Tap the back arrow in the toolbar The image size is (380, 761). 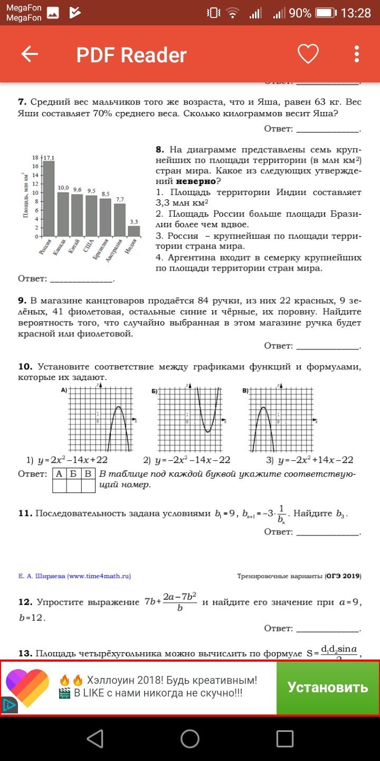[x=30, y=54]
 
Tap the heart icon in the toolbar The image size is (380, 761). [x=308, y=54]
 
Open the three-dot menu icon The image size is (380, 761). [x=357, y=54]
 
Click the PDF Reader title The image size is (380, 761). [x=131, y=55]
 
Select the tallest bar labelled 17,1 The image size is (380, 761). [x=49, y=198]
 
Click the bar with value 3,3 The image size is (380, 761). [x=134, y=231]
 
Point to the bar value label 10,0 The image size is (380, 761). [x=63, y=188]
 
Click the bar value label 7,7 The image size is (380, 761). [x=120, y=199]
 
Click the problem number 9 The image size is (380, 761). [x=22, y=300]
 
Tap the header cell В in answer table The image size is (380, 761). [x=88, y=474]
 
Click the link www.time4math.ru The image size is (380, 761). [x=99, y=576]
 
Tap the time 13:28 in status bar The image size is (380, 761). [x=356, y=13]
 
